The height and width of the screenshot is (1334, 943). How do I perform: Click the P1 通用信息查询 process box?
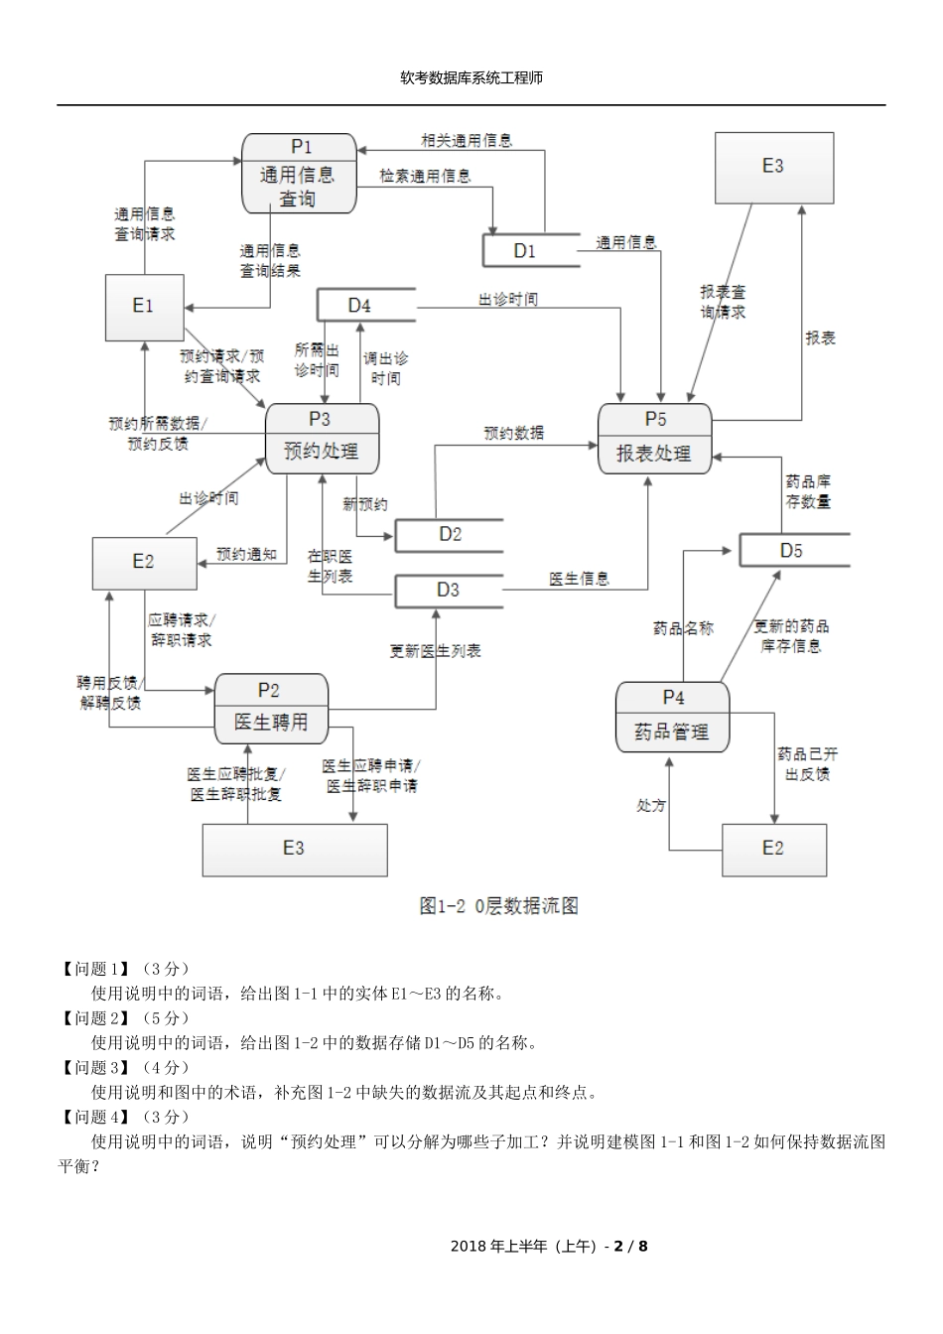click(x=299, y=174)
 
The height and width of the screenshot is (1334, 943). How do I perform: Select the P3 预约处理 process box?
click(x=322, y=438)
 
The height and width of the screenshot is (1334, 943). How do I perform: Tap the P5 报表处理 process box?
click(x=654, y=439)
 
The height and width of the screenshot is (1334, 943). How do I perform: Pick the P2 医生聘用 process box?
click(x=271, y=709)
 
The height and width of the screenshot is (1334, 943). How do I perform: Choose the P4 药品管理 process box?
click(x=672, y=717)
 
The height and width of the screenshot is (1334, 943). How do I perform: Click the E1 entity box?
click(x=144, y=307)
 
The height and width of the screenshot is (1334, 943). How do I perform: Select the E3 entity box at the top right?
click(x=773, y=168)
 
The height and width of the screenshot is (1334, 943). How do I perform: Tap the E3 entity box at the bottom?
click(x=295, y=849)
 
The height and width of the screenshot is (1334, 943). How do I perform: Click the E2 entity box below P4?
click(x=773, y=849)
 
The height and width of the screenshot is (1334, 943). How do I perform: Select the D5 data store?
click(x=793, y=551)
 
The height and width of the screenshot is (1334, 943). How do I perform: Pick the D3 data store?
click(x=449, y=591)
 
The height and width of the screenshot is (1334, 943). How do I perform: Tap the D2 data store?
click(x=449, y=535)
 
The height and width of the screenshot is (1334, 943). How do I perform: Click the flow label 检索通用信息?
click(x=425, y=177)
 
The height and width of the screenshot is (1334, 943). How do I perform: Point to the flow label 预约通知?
click(x=246, y=555)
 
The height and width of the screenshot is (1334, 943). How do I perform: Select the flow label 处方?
click(x=651, y=805)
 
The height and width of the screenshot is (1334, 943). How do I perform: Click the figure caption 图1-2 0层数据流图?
click(x=498, y=905)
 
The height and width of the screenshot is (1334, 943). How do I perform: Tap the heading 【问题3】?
click(x=94, y=1068)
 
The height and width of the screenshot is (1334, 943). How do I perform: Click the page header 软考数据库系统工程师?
click(x=471, y=77)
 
